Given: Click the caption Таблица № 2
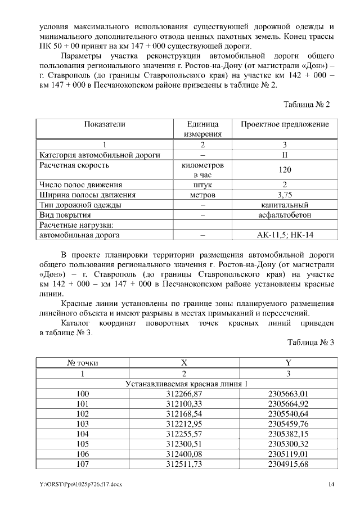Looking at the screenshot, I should pyautogui.click(x=307, y=105).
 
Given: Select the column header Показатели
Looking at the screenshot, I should pyautogui.click(x=105, y=124).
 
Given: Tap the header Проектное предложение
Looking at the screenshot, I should pyautogui.click(x=285, y=124).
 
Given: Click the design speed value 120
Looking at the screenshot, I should pyautogui.click(x=285, y=170).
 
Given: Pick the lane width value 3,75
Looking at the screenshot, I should pyautogui.click(x=285, y=195).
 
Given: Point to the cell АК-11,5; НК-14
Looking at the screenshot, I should pyautogui.click(x=285, y=235).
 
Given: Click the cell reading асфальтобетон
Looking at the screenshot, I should pyautogui.click(x=285, y=215).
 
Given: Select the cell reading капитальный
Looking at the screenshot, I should pyautogui.click(x=285, y=205).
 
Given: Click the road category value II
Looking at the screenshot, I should pyautogui.click(x=285, y=155).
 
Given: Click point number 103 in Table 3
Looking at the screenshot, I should pyautogui.click(x=83, y=424).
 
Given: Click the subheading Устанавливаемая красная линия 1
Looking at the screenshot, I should pyautogui.click(x=186, y=384).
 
